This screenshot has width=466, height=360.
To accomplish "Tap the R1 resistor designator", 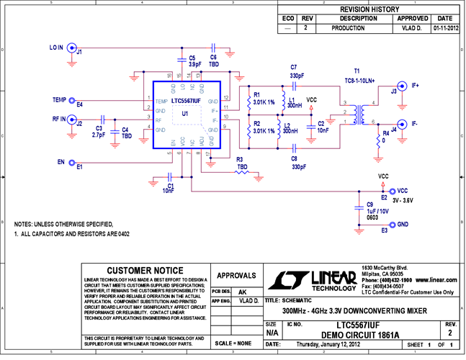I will coord(256,94).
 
